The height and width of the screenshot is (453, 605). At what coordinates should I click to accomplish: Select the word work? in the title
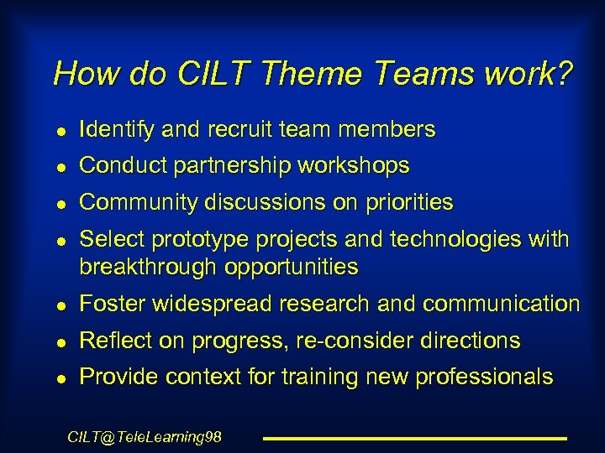[529, 74]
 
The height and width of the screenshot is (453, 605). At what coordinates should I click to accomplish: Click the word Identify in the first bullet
[114, 129]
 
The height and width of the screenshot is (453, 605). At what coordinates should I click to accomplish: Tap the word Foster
[113, 304]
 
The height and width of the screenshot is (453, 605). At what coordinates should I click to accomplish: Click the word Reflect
[116, 341]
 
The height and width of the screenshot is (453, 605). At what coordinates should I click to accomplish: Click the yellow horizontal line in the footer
[415, 438]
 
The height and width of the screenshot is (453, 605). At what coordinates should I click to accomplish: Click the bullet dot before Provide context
[55, 379]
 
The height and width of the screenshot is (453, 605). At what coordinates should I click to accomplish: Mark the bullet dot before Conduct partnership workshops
[55, 168]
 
